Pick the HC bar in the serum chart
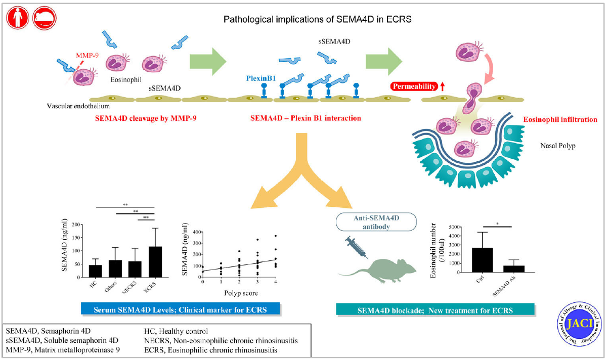[x=95, y=271]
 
